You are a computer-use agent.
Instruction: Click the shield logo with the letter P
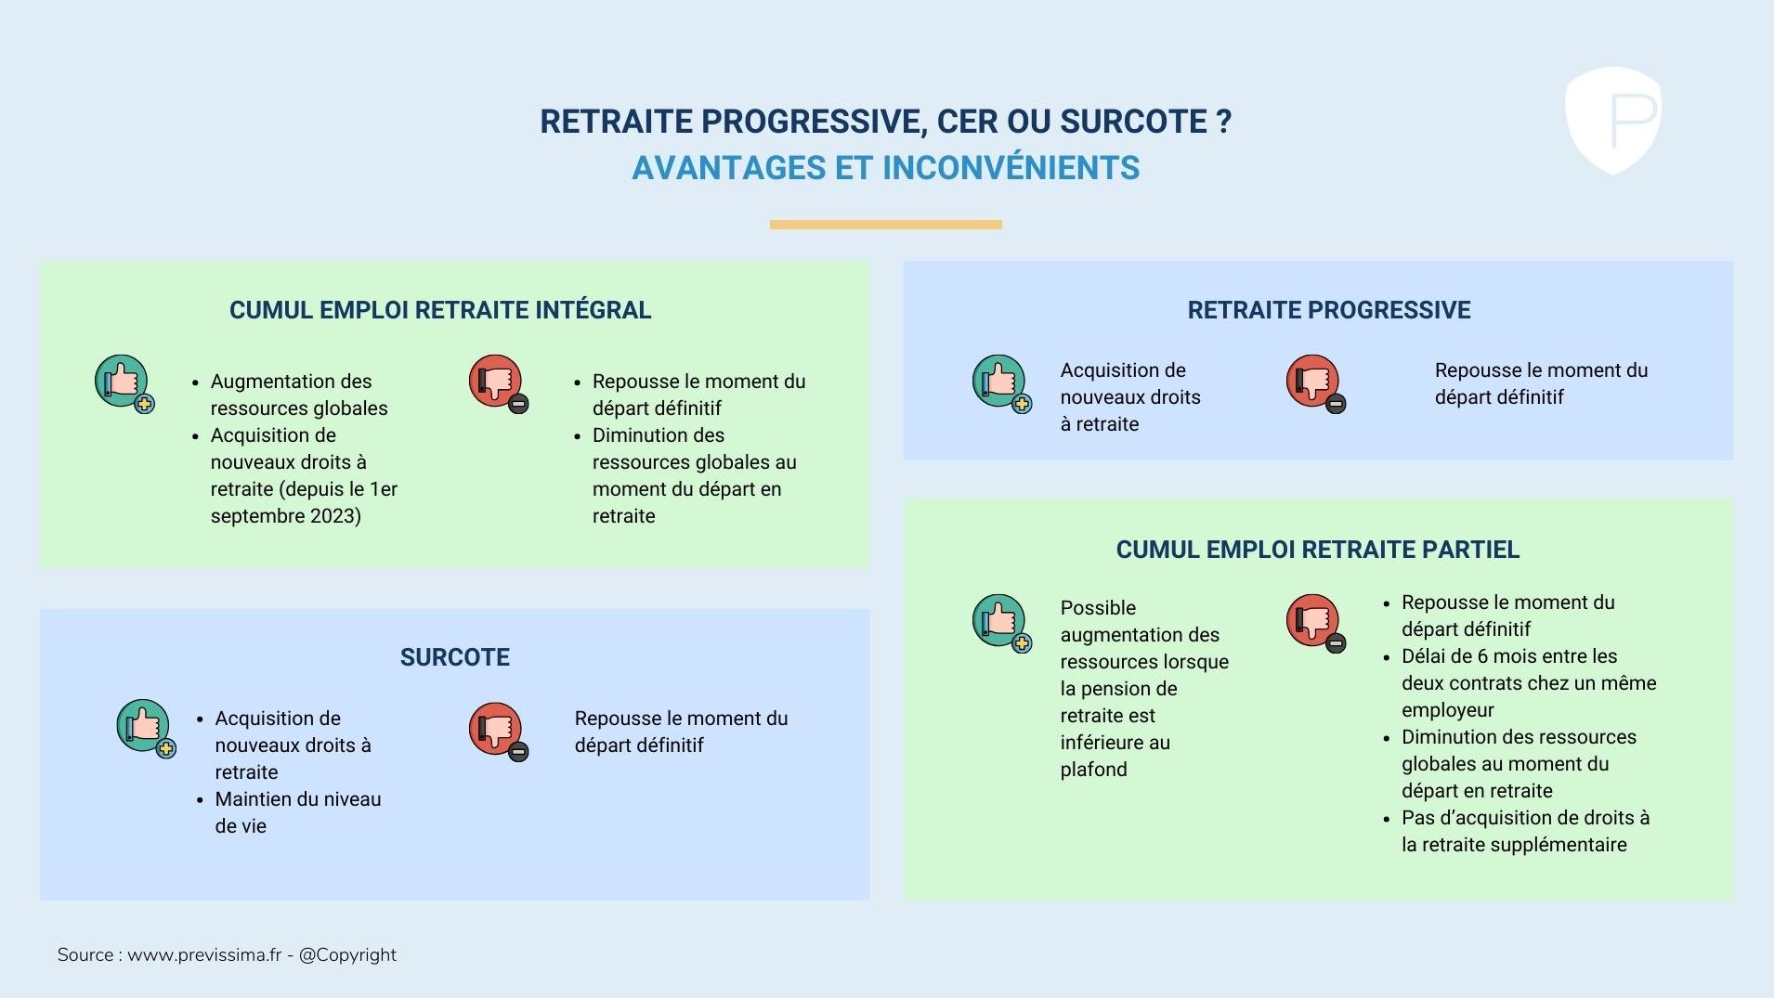pyautogui.click(x=1613, y=120)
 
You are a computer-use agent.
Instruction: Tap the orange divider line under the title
pyautogui.click(x=885, y=224)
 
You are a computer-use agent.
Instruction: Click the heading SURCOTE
pyautogui.click(x=455, y=657)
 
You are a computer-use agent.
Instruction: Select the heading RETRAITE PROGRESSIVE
pyautogui.click(x=1329, y=310)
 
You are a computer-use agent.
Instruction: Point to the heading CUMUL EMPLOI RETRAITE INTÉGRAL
pyautogui.click(x=440, y=310)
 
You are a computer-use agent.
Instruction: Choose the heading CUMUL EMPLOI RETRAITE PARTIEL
pyautogui.click(x=1318, y=550)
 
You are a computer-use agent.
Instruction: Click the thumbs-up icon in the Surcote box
pyautogui.click(x=146, y=728)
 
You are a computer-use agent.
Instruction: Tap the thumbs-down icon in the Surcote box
pyautogui.click(x=499, y=732)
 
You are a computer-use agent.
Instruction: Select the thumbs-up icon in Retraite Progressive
pyautogui.click(x=1002, y=383)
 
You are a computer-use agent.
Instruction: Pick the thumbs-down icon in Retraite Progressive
pyautogui.click(x=1316, y=383)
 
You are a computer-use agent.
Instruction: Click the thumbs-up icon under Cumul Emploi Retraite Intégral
pyautogui.click(x=124, y=383)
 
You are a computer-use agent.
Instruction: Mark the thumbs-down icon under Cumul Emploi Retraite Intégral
pyautogui.click(x=499, y=383)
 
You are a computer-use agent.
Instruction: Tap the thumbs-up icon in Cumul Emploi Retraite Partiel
pyautogui.click(x=1002, y=623)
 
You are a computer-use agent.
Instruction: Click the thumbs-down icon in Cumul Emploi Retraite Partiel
pyautogui.click(x=1316, y=623)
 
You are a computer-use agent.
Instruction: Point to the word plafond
pyautogui.click(x=1094, y=770)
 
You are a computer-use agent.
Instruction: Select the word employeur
pyautogui.click(x=1448, y=711)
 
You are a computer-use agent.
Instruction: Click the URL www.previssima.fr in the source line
pyautogui.click(x=204, y=955)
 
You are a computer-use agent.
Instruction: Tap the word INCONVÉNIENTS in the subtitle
pyautogui.click(x=1011, y=168)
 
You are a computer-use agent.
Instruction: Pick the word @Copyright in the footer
pyautogui.click(x=347, y=955)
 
